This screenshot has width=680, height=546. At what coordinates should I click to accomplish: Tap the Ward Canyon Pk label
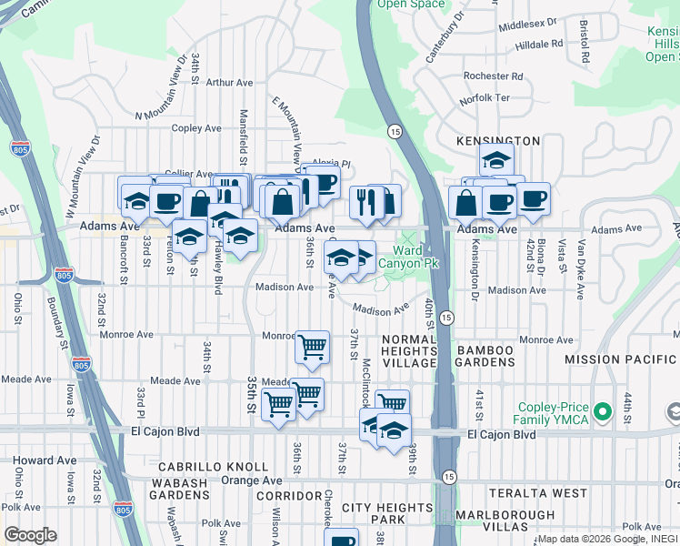click(x=416, y=257)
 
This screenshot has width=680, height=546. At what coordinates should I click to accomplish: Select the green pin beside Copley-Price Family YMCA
click(x=600, y=414)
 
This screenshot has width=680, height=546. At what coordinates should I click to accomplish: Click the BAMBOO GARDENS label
click(x=498, y=357)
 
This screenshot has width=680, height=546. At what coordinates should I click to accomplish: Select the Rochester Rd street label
click(x=494, y=76)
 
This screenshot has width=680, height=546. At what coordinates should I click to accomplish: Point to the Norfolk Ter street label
click(x=485, y=97)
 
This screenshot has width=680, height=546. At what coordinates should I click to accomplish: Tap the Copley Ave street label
click(x=196, y=128)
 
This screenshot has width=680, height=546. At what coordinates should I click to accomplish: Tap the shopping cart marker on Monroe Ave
click(x=312, y=346)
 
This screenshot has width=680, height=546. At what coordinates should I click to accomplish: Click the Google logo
click(x=30, y=535)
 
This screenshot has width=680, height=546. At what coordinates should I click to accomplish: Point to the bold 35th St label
click(x=252, y=395)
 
